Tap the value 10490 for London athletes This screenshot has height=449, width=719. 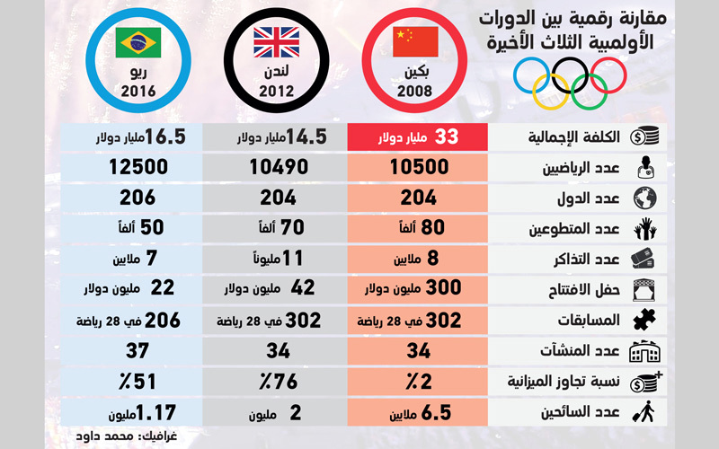click(x=278, y=168)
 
